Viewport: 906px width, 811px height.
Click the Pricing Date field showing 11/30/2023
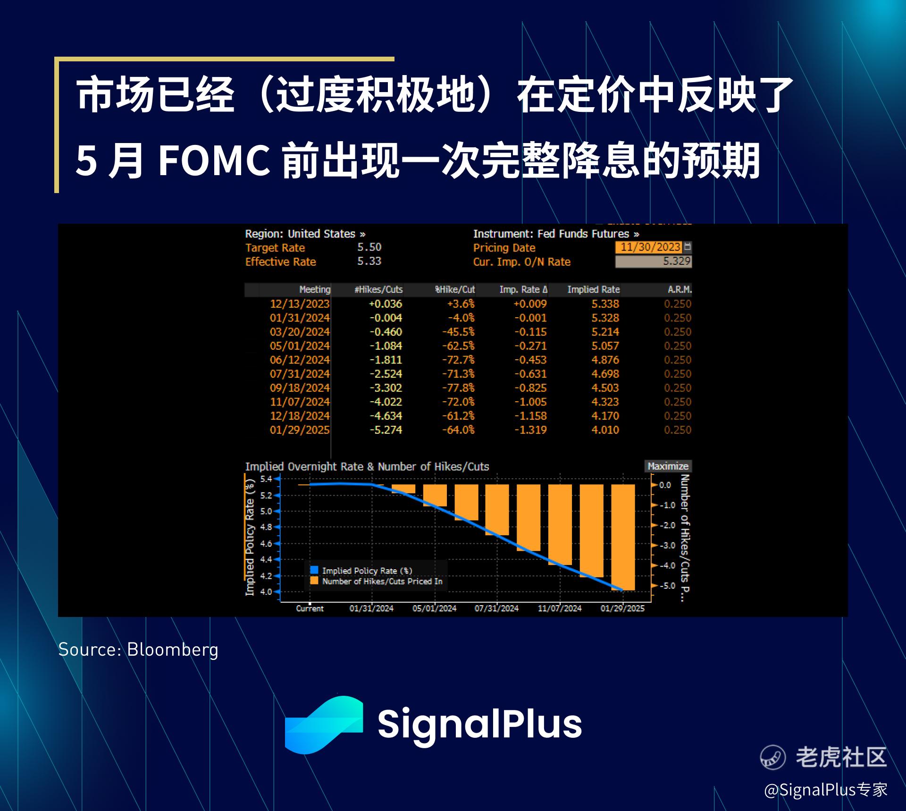[x=650, y=247]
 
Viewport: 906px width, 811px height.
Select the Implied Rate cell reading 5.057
[x=605, y=346]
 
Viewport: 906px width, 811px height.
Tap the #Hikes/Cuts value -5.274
[x=386, y=430]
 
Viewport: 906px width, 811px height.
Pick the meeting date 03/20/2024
[x=300, y=332]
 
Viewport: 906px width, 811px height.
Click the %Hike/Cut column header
[x=455, y=289]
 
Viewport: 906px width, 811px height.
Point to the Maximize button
[x=668, y=466]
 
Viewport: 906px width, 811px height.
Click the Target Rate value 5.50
[x=369, y=247]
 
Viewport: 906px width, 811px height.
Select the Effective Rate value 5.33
[x=369, y=261]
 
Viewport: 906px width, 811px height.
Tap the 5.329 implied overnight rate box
[x=654, y=261]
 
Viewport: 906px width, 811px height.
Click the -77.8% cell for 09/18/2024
[x=458, y=388]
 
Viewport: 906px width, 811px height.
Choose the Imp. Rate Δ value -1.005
[x=530, y=402]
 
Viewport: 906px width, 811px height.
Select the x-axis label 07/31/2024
[x=496, y=608]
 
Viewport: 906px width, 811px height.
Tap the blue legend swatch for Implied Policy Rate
[x=314, y=570]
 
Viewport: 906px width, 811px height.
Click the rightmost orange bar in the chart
[x=623, y=537]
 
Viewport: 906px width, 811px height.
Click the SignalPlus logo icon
[x=324, y=725]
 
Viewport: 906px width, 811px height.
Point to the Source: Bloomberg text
[x=138, y=650]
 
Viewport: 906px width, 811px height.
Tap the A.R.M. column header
[x=679, y=289]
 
